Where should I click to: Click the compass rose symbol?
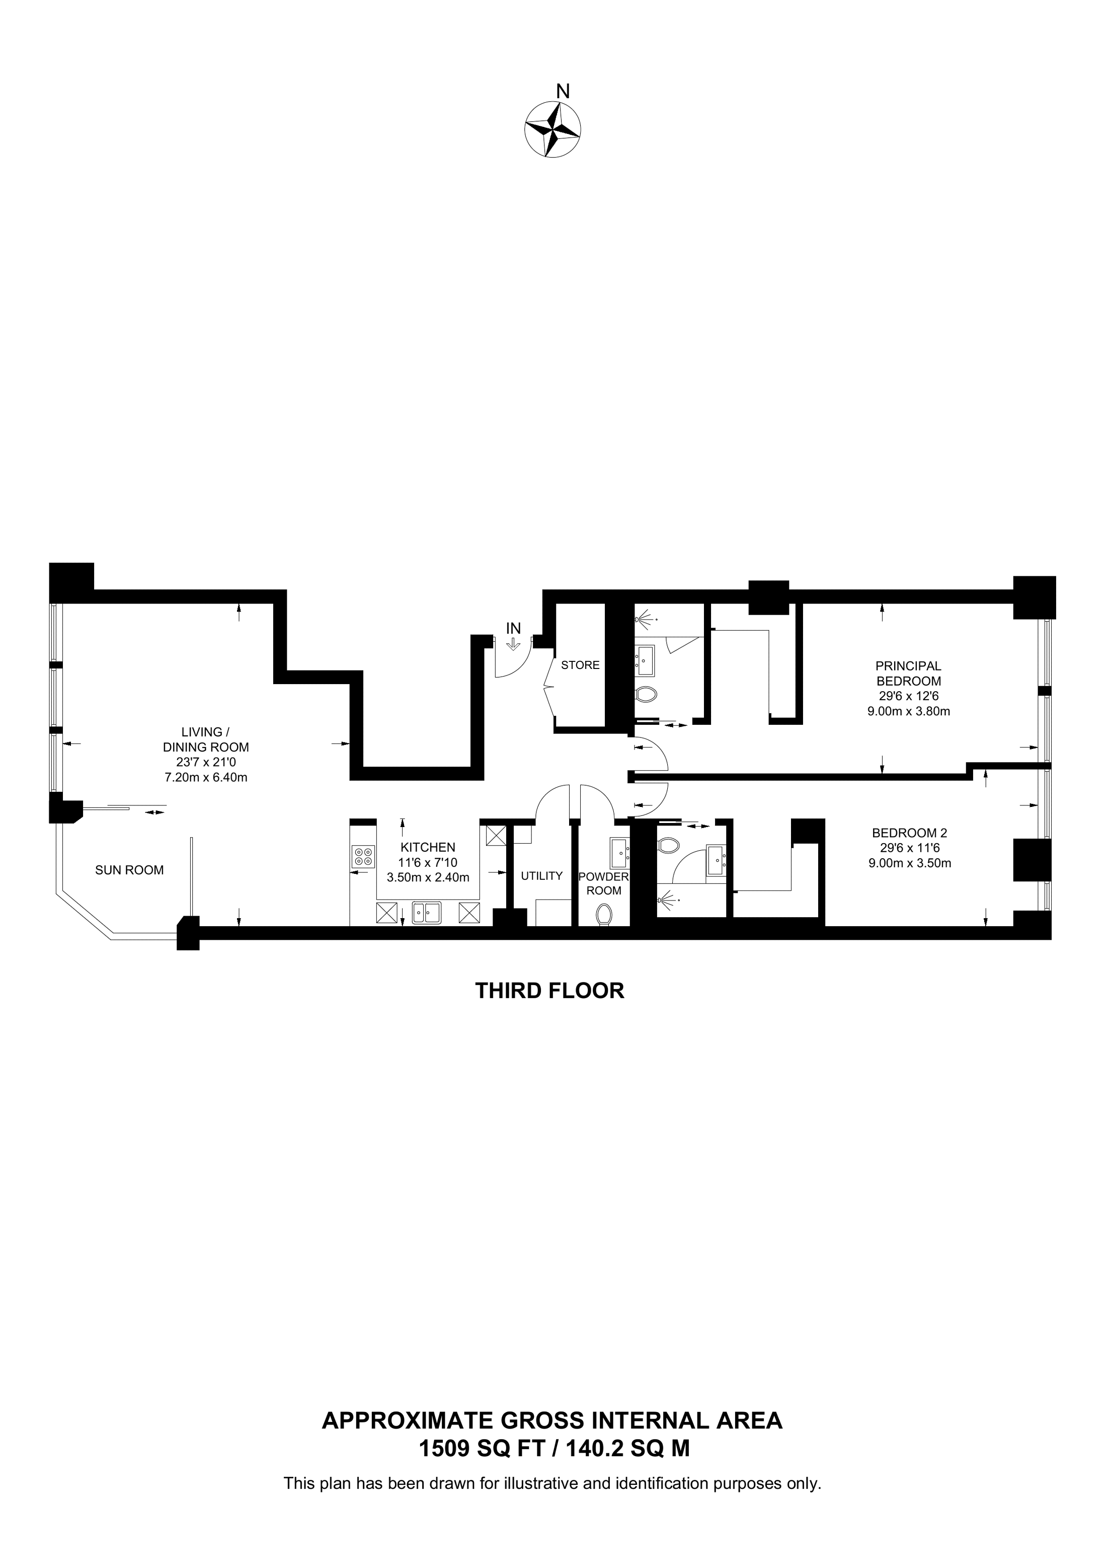tap(552, 130)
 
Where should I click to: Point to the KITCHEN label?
tap(428, 847)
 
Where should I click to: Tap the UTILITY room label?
tap(541, 876)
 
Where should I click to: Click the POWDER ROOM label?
tap(604, 883)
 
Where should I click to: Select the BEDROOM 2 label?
tap(909, 833)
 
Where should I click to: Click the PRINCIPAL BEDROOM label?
tap(909, 673)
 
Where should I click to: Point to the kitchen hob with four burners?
tap(363, 857)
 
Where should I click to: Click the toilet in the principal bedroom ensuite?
tap(645, 695)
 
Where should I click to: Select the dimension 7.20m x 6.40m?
tap(205, 777)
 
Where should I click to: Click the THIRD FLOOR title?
tap(550, 991)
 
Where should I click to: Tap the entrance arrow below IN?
tap(513, 644)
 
